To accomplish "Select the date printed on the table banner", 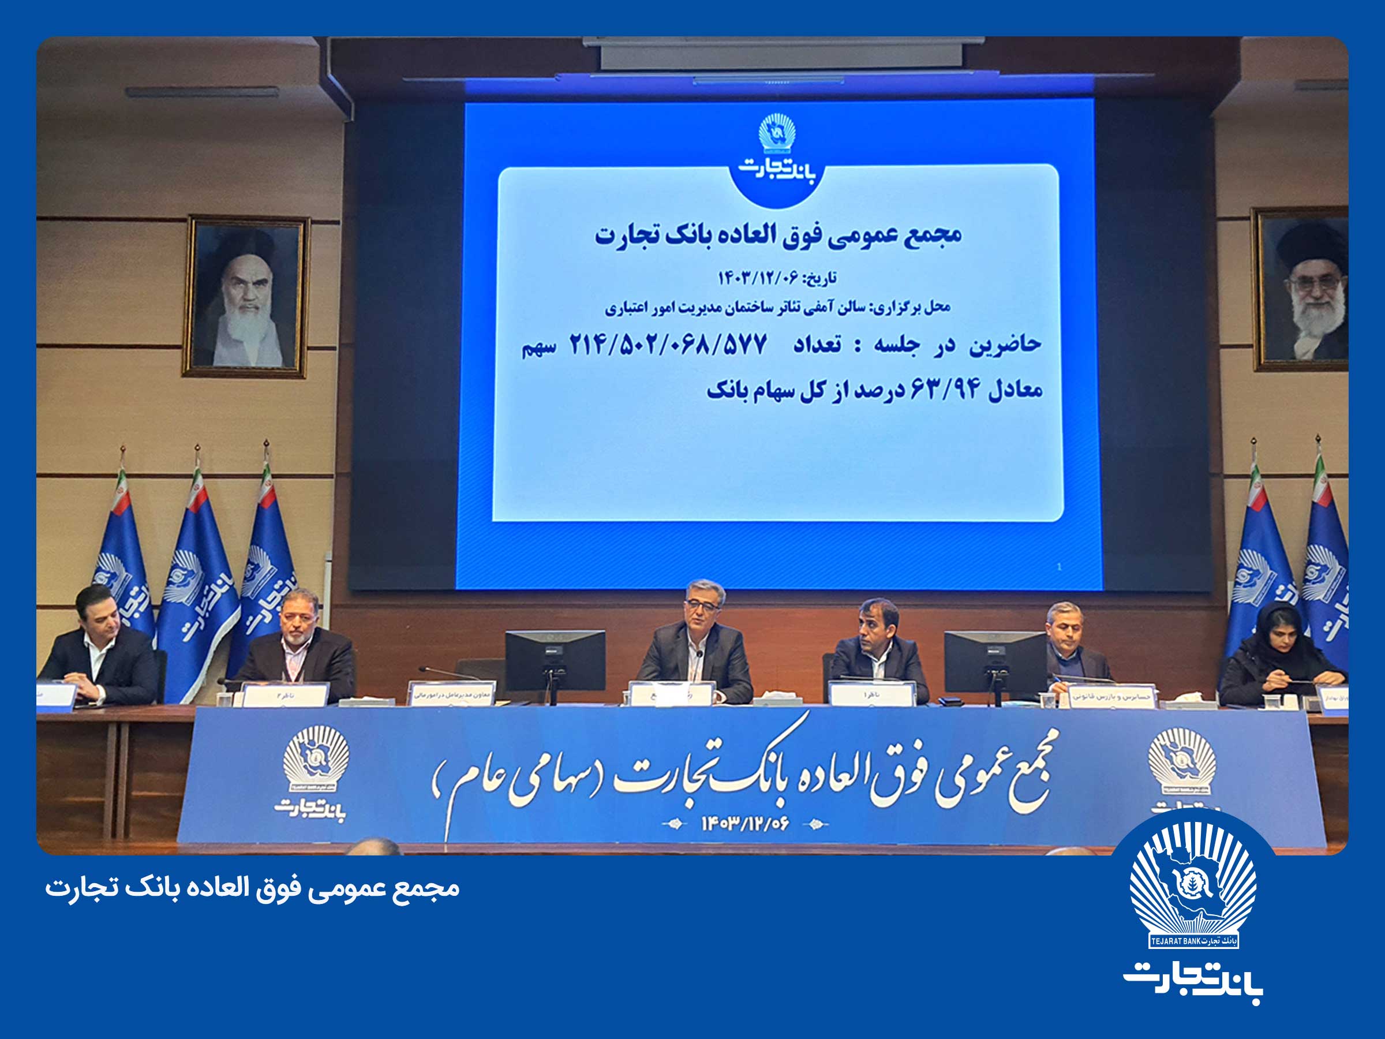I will [x=745, y=823].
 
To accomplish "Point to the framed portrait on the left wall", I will [x=246, y=296].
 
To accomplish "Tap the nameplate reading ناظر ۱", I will [x=871, y=694].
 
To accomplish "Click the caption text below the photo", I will [x=252, y=888].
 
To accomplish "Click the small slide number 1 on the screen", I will [x=1059, y=566].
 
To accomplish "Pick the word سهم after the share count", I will [x=538, y=348].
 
